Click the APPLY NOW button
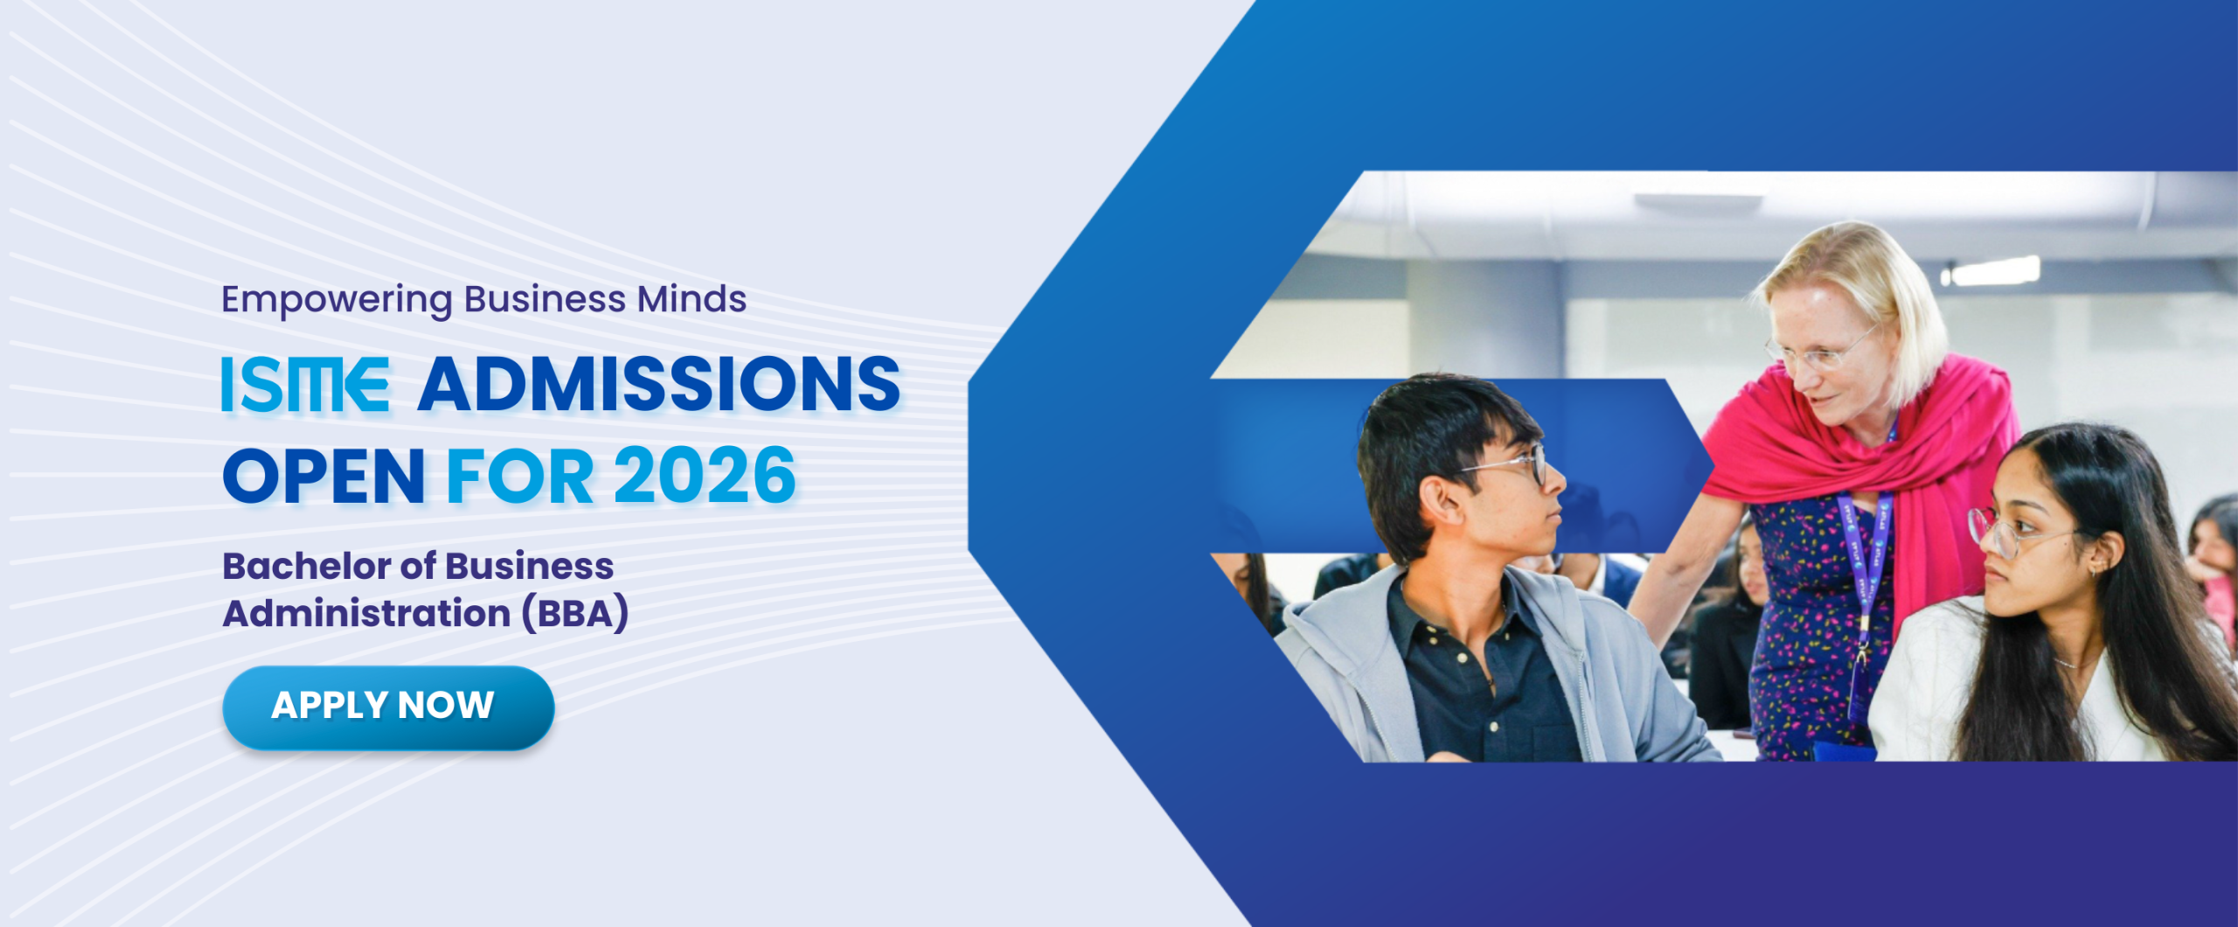coord(388,707)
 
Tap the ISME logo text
coord(304,384)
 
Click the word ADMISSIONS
coord(659,384)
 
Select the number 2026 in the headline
coord(705,476)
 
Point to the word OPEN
coord(323,476)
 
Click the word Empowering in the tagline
coord(337,300)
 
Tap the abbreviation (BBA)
coord(575,613)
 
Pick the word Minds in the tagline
coord(692,298)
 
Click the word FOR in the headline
coord(520,476)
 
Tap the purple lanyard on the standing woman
coord(1865,577)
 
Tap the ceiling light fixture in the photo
coord(1997,271)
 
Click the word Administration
coord(367,613)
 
